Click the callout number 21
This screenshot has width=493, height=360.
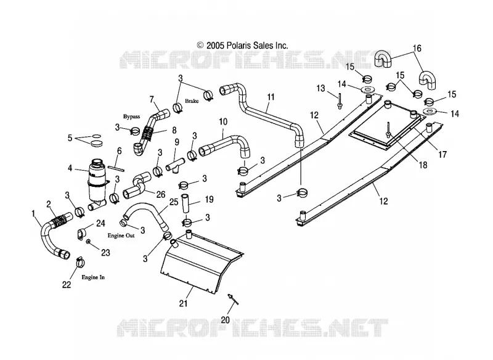click(x=183, y=303)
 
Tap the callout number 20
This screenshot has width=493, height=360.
click(x=225, y=320)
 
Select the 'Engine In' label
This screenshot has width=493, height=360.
click(x=93, y=277)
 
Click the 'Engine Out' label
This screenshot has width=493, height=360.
click(x=121, y=235)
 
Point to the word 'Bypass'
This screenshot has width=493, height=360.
click(x=131, y=117)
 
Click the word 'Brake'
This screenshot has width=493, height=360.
click(x=192, y=101)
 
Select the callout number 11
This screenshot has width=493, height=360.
click(x=271, y=97)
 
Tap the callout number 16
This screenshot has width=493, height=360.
click(x=417, y=49)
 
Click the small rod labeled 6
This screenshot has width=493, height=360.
click(x=116, y=168)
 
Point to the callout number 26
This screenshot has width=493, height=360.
click(x=161, y=195)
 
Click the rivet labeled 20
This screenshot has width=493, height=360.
click(x=233, y=299)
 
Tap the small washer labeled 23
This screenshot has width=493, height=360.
click(x=89, y=242)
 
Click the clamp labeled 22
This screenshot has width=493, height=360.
click(x=80, y=261)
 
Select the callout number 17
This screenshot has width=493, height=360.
click(x=442, y=154)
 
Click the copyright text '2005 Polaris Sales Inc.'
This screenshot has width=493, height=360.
click(x=247, y=45)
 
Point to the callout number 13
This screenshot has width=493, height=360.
click(x=320, y=88)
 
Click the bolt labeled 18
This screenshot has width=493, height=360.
click(x=389, y=129)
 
